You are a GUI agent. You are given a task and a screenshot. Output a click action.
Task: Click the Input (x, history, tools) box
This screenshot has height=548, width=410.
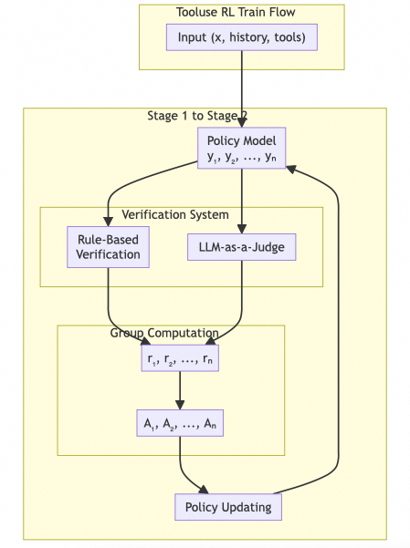pos(242,37)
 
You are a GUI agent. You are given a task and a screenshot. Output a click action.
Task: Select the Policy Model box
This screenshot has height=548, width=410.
pos(242,148)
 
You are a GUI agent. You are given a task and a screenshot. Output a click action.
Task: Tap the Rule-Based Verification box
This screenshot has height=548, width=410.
pos(108,247)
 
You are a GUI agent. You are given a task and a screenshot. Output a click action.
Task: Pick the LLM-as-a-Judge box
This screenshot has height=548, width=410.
pos(242,247)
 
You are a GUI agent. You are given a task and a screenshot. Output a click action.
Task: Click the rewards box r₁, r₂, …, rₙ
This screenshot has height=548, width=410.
pos(180,358)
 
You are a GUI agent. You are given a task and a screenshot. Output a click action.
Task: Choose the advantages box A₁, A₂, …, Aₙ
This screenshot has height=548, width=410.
pos(180,423)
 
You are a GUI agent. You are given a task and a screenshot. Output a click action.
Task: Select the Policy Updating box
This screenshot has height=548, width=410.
pos(228,507)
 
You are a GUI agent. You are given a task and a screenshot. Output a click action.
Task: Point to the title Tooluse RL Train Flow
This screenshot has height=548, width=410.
pos(236,12)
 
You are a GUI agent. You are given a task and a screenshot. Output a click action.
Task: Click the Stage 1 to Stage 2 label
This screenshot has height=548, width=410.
pos(197,116)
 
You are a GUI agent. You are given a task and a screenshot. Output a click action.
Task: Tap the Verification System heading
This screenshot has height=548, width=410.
pos(175,214)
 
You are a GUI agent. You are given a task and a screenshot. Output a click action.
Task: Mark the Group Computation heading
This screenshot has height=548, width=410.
pos(164,333)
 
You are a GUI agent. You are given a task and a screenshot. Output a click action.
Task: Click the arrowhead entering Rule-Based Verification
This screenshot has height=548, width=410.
pos(108,222)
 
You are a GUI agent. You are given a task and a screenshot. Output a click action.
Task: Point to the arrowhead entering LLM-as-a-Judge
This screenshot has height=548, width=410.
pos(242,229)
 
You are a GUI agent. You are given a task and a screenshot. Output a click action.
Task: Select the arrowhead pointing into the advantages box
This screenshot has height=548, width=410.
pos(180,405)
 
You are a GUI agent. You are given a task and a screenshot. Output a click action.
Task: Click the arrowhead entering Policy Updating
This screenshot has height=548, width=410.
pos(203,490)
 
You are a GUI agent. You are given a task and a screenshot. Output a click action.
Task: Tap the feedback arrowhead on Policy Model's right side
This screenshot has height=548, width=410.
pos(291,170)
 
